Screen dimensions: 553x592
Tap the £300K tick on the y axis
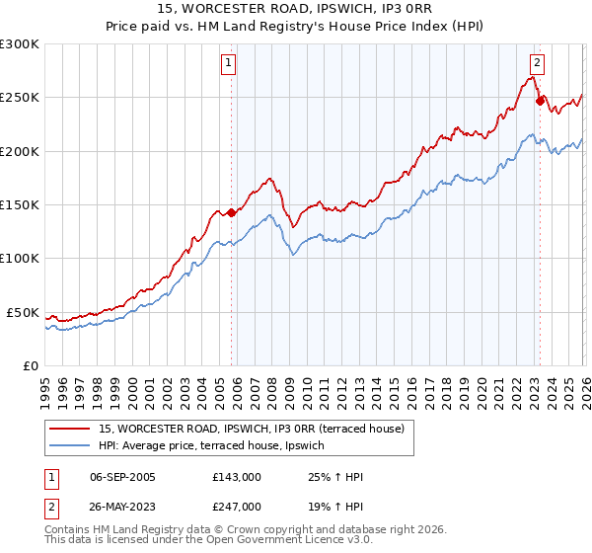pos(21,44)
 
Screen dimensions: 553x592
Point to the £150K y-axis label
pos(21,205)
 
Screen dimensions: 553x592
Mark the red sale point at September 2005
pos(231,211)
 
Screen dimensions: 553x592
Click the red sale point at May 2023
pos(540,100)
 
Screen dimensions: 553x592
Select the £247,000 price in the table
pos(237,506)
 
